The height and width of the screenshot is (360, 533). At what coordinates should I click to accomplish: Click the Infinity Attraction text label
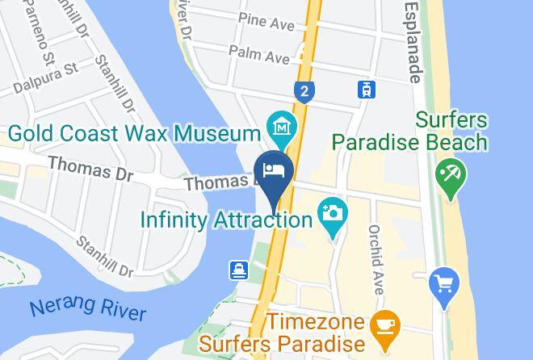pyautogui.click(x=227, y=219)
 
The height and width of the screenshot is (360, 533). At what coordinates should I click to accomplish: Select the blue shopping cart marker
pyautogui.click(x=443, y=283)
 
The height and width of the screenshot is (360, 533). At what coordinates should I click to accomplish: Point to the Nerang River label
pyautogui.click(x=88, y=310)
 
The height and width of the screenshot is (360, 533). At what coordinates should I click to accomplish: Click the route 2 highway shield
pyautogui.click(x=304, y=91)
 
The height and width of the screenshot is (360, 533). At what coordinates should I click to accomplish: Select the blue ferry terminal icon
pyautogui.click(x=240, y=270)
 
